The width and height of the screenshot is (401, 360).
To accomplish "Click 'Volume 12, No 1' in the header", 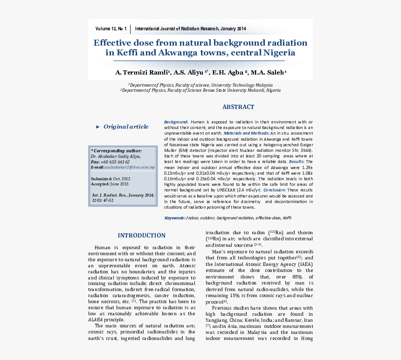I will click(111, 29).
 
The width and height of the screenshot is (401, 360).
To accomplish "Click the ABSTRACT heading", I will click(238, 107).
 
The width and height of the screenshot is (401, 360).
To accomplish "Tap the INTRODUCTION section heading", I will click(141, 236).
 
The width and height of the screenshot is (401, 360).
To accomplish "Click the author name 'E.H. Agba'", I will click(228, 73).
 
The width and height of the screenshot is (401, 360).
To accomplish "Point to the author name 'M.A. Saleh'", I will click(267, 73).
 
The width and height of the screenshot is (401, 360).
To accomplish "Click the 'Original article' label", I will click(126, 127).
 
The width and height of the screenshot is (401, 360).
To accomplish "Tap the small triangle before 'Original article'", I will click(97, 127).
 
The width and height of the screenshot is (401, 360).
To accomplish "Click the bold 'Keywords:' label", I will click(174, 218).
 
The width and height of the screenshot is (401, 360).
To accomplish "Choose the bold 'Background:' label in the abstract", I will click(176, 122).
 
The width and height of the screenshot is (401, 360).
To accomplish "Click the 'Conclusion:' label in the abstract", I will click(274, 190).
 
